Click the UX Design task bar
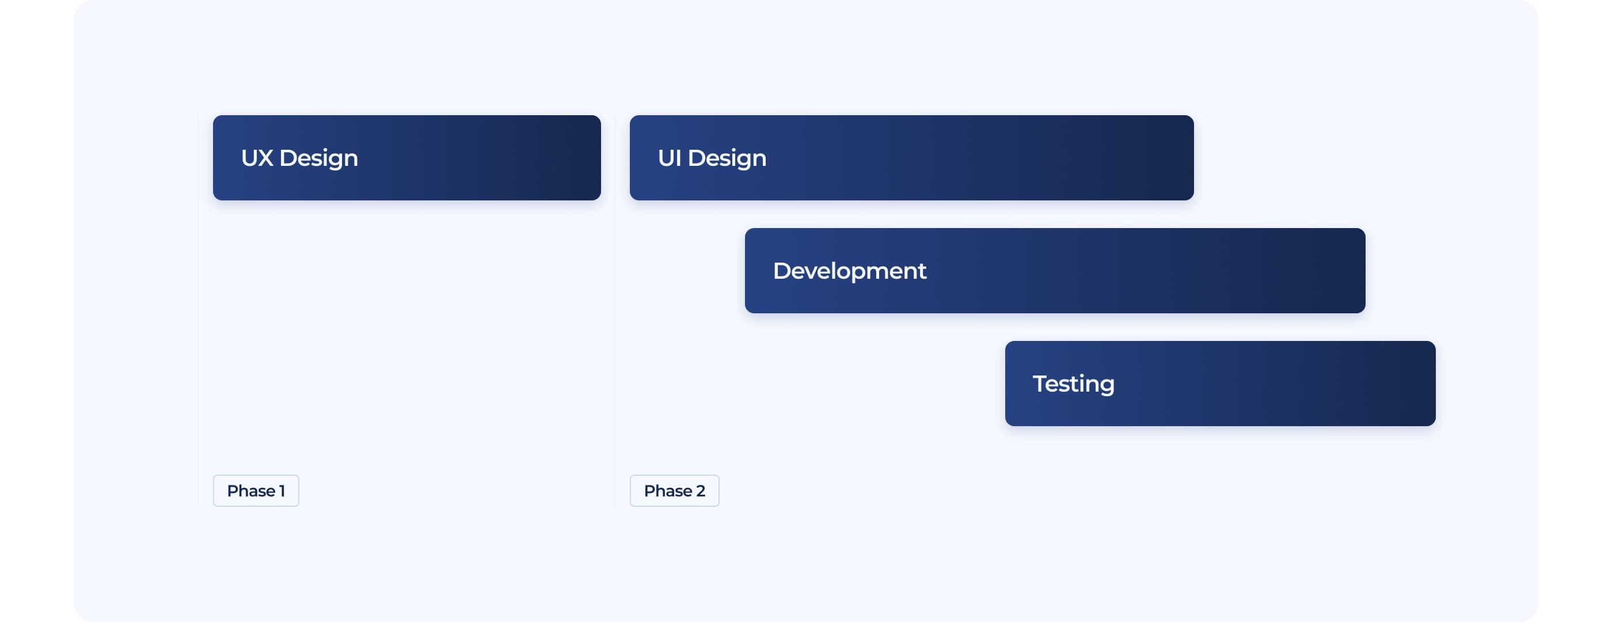(407, 158)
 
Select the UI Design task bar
(912, 158)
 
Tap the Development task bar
(1055, 270)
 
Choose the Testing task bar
(1221, 384)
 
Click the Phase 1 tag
(256, 491)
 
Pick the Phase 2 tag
(675, 491)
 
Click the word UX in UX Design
(257, 158)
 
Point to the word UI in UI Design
(670, 158)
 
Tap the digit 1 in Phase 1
(282, 491)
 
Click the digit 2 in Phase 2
(700, 491)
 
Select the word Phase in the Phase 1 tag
(252, 491)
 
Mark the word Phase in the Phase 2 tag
(668, 491)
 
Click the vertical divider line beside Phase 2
(616, 311)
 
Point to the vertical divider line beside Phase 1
(199, 311)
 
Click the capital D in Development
(782, 271)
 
